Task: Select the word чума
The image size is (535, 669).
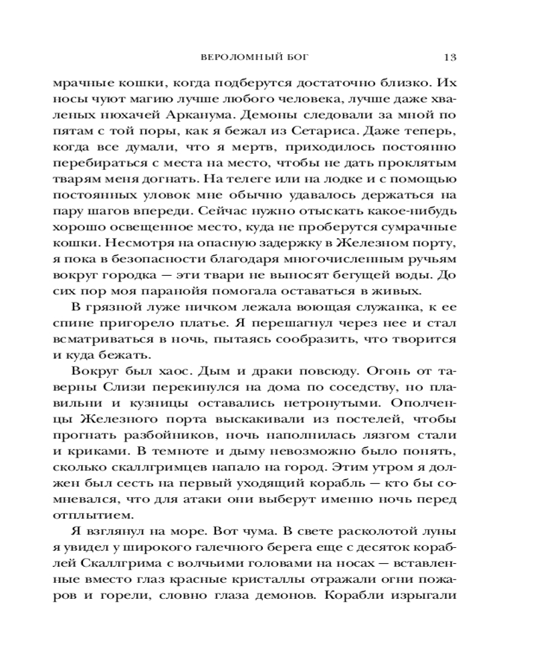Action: tap(257, 543)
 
